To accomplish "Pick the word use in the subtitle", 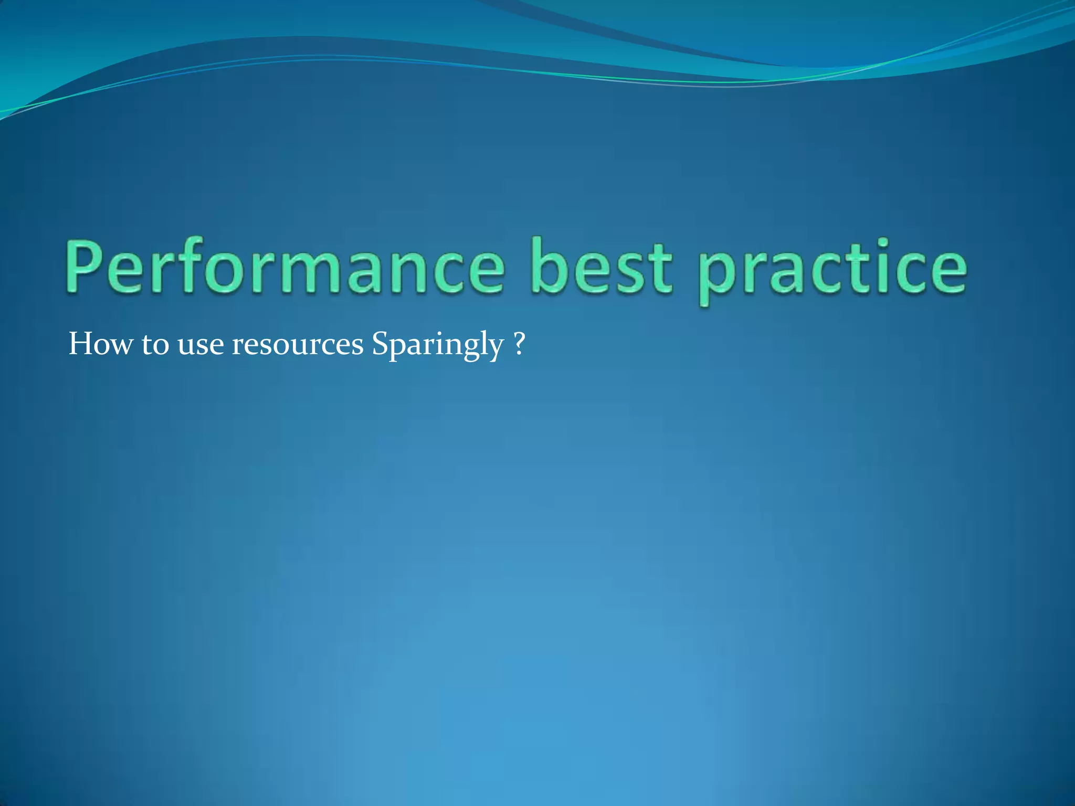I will point(201,346).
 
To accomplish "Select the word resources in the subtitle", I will point(298,346).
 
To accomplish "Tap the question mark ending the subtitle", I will point(519,344).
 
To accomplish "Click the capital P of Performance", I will point(84,267).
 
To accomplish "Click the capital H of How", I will point(82,344).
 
